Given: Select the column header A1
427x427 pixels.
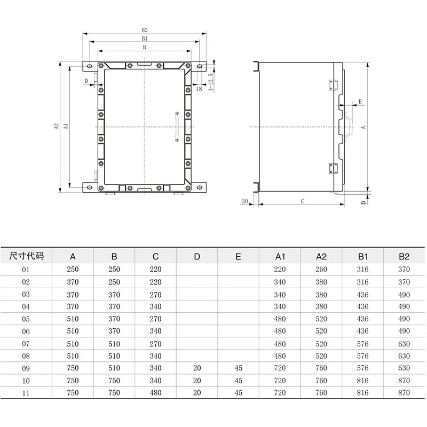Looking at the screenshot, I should point(280,256).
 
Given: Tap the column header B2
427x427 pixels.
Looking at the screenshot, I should point(404,256).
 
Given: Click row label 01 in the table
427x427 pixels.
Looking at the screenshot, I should point(26,270).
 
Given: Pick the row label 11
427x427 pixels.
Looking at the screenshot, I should point(26,393).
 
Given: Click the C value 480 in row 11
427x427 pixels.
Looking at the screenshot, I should point(155,393).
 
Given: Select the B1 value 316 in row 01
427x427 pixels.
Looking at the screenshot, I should point(362,270).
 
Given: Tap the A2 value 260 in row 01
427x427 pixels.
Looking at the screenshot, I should point(321,270).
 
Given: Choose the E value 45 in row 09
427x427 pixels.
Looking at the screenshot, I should point(239,368).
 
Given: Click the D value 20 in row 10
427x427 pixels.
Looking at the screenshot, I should point(197,381).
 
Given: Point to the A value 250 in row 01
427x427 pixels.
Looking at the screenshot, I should point(73,270).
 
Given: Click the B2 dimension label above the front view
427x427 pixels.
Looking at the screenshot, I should point(144,30).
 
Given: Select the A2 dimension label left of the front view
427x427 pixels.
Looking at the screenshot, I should point(56,127).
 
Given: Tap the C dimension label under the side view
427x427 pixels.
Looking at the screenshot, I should point(303,201).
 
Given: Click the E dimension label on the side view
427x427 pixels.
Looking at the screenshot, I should point(360,101).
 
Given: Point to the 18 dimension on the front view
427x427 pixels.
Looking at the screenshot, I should point(199,89).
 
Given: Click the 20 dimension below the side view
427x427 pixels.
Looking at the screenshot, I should point(245,201).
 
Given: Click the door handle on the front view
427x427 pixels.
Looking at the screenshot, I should point(176,127).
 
